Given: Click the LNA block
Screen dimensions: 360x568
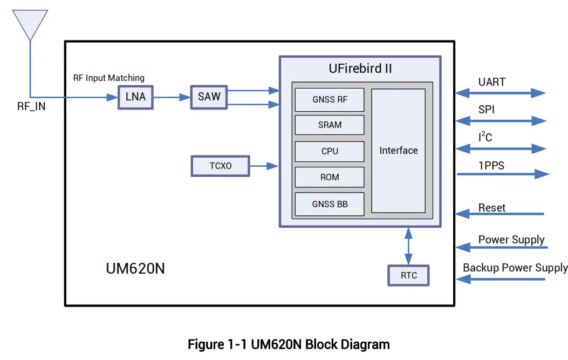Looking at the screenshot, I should tap(135, 98).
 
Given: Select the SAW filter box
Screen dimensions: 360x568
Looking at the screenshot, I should tap(209, 97).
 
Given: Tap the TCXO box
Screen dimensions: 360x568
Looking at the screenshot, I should tap(221, 166).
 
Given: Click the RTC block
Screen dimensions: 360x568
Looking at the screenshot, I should tap(408, 276).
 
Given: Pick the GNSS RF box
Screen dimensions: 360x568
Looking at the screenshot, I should tap(330, 99).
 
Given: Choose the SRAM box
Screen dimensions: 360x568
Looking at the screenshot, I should tap(330, 125).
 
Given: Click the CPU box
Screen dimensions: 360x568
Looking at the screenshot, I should tap(330, 151).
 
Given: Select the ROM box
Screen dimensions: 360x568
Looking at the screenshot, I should tap(330, 177).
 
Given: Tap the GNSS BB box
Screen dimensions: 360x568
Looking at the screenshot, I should tap(330, 204).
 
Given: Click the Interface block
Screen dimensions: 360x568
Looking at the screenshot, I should tap(398, 151).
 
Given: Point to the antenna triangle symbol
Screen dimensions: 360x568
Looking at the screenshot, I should tap(30, 23).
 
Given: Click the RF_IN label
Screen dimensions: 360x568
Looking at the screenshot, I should tap(31, 107).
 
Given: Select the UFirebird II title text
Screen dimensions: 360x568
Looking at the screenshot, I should tap(360, 69).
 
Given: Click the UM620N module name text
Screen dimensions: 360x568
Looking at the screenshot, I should tap(135, 268).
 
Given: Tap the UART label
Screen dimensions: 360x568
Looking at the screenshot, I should tap(491, 82).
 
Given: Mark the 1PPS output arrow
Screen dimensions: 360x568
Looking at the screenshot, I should tap(502, 174).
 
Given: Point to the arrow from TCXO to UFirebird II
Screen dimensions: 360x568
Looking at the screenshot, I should tap(264, 166).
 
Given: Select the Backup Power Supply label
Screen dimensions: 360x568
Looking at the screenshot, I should tap(515, 268).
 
